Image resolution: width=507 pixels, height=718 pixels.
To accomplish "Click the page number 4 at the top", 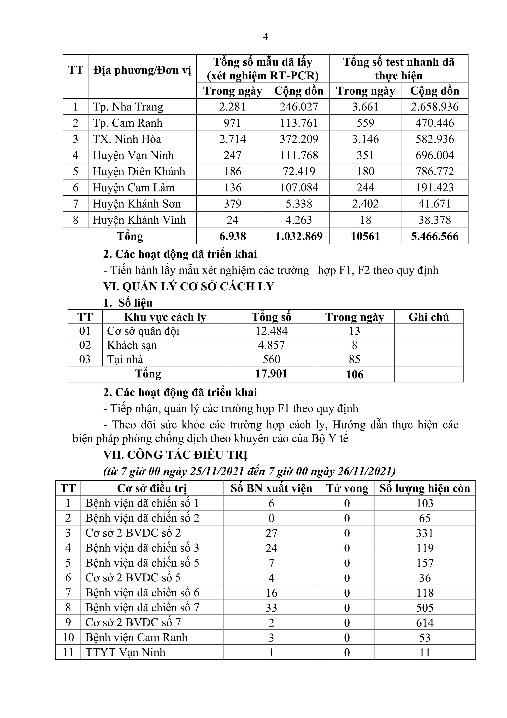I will [x=265, y=37].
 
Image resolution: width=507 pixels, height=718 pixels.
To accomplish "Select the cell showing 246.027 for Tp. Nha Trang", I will [x=299, y=107].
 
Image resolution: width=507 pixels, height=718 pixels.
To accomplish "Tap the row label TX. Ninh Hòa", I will [x=127, y=139].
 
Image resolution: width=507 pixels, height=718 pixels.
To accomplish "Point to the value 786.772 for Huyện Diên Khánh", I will [x=434, y=172].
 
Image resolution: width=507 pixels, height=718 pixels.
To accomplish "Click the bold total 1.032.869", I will [x=299, y=236].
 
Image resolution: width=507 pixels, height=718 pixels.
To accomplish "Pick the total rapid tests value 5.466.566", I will [x=434, y=236].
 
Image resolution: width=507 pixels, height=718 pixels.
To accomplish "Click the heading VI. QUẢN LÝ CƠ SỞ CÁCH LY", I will [x=189, y=287].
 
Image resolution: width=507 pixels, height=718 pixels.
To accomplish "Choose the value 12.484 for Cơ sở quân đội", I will [x=271, y=331].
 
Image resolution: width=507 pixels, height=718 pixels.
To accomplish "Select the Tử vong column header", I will [x=347, y=488].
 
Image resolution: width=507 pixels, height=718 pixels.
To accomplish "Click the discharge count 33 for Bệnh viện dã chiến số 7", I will [x=271, y=608].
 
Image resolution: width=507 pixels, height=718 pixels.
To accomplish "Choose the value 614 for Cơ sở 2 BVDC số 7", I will [x=424, y=623].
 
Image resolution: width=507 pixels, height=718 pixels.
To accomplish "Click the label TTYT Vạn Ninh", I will [x=125, y=652].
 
